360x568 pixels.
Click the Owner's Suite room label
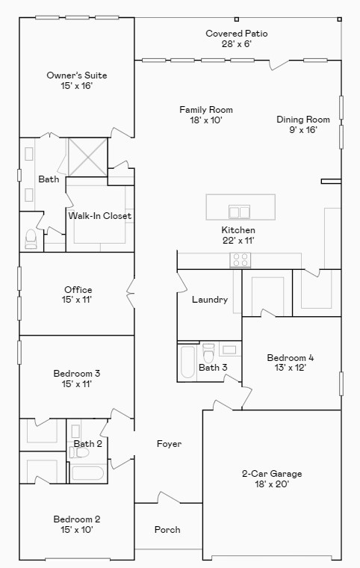pyautogui.click(x=76, y=75)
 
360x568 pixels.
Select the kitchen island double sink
pyautogui.click(x=240, y=211)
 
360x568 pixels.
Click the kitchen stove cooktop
pyautogui.click(x=240, y=260)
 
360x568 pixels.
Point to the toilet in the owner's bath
pyautogui.click(x=31, y=238)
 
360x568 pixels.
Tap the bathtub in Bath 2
pyautogui.click(x=87, y=473)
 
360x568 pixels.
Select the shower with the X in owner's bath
pyautogui.click(x=87, y=155)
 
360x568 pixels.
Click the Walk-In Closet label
pyautogui.click(x=100, y=216)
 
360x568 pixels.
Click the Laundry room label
pyautogui.click(x=209, y=300)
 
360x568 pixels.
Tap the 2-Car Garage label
pyautogui.click(x=271, y=474)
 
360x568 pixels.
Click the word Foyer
pyautogui.click(x=169, y=444)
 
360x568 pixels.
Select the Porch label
pyautogui.click(x=167, y=530)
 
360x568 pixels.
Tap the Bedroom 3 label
pyautogui.click(x=76, y=374)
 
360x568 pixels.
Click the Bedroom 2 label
pyautogui.click(x=76, y=519)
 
